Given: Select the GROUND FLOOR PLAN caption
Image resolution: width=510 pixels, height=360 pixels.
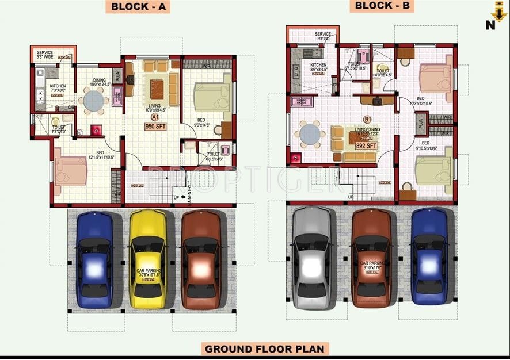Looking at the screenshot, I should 264,348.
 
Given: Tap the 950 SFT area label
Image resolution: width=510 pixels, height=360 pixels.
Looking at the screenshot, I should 156,126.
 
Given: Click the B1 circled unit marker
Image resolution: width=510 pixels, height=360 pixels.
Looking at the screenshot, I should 367,120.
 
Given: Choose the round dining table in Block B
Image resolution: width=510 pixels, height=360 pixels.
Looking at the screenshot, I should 309,135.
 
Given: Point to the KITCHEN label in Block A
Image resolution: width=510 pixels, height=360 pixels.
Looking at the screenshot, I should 58,86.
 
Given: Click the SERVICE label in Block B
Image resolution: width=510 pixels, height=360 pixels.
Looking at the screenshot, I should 323,34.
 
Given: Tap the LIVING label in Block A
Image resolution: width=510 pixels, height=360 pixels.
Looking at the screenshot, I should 155,105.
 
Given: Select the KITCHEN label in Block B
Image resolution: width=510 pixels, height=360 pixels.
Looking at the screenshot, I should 318,66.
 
